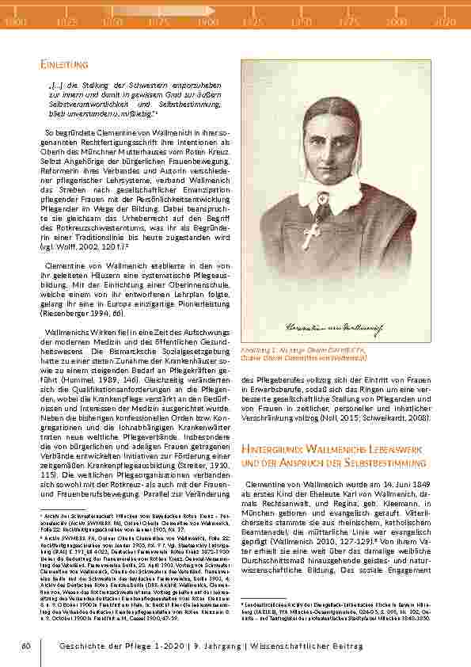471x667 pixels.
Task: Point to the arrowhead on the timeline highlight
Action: (x=212, y=11)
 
